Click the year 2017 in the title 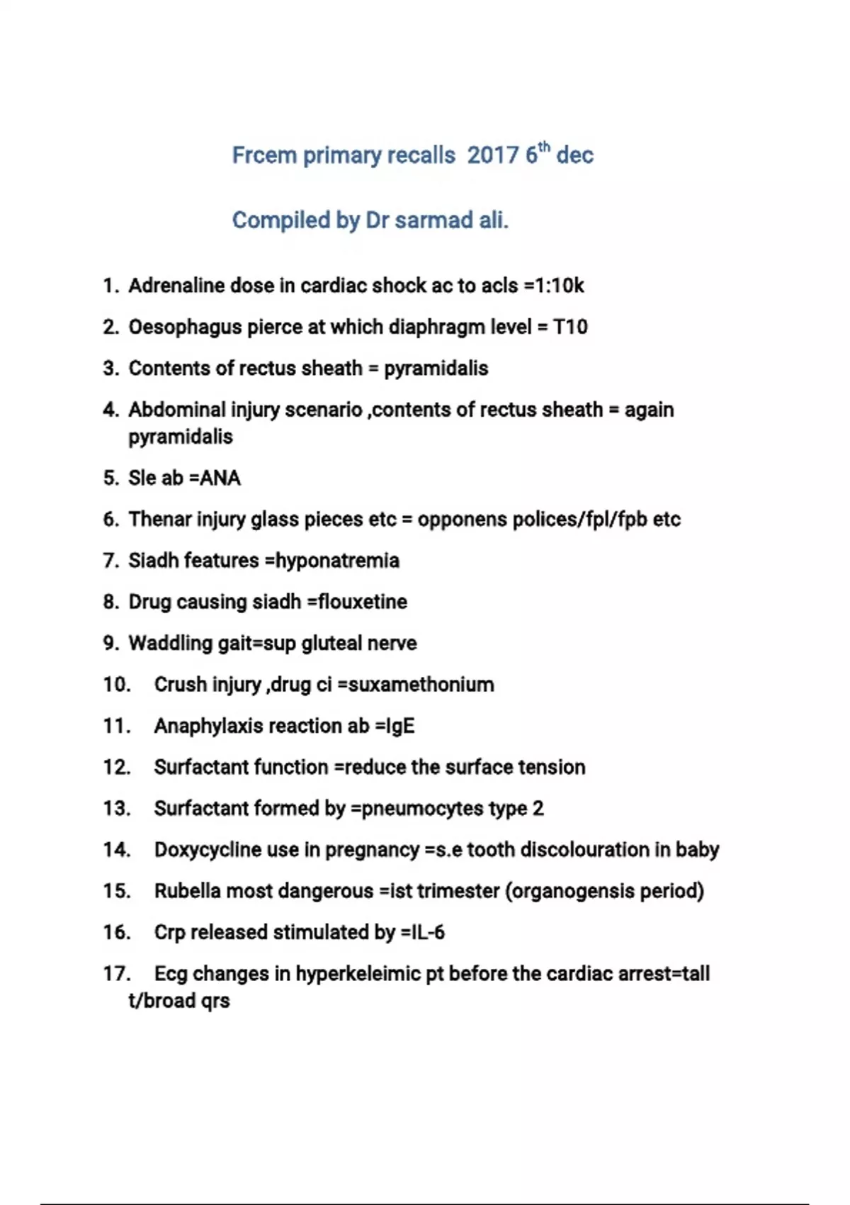[493, 155]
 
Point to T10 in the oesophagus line [570, 327]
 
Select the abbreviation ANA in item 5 [220, 478]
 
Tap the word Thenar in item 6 [159, 520]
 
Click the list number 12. [117, 768]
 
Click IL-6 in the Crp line [427, 932]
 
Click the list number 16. [117, 932]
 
